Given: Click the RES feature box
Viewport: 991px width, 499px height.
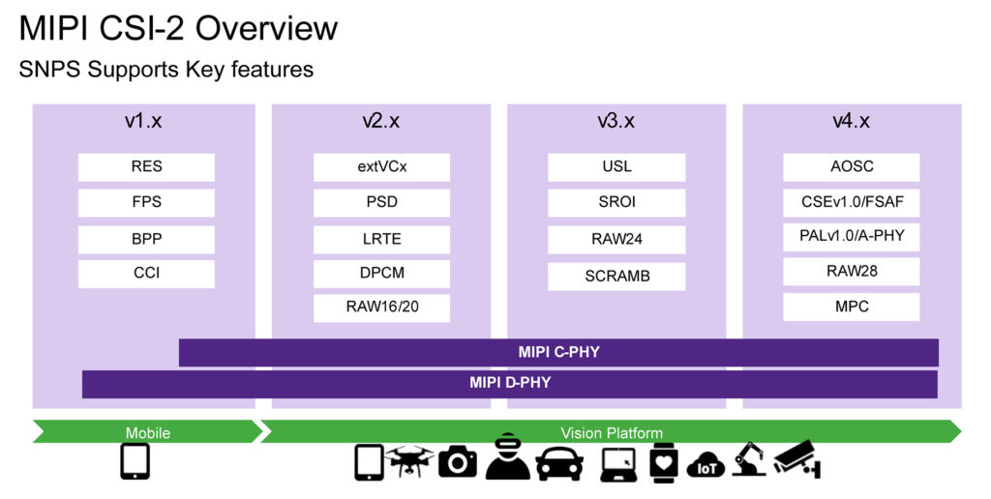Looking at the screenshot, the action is coord(146,166).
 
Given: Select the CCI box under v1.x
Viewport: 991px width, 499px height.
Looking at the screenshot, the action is coord(146,274).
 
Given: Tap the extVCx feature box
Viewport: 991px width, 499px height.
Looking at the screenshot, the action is coord(381,166).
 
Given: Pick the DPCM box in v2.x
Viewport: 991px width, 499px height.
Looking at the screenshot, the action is coord(381,274).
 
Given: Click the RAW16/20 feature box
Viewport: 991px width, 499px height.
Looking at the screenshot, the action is coord(381,308).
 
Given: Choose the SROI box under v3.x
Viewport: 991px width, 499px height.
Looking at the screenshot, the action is coord(616,202).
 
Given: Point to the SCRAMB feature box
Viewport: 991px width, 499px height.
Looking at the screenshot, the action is coord(616,276).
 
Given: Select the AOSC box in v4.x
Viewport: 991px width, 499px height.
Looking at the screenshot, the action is coord(852,166).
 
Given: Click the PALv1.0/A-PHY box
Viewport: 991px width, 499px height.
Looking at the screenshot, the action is coord(852,236).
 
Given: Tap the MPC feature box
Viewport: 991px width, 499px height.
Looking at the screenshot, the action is coord(852,307).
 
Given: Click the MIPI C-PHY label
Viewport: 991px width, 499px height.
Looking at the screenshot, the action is coord(558,352).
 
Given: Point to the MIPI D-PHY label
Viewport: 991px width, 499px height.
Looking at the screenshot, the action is coord(510,382).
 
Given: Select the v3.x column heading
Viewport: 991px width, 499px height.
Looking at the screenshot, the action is coord(616,121).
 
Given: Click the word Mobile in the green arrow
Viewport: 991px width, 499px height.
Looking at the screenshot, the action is coord(148,432).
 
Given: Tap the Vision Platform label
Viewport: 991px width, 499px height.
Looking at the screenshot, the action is coord(612,432).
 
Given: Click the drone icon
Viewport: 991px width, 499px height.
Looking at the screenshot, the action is coord(409,461).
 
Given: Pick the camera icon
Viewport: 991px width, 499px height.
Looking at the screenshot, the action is coord(458,461).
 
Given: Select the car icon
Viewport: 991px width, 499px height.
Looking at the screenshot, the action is coord(559,464).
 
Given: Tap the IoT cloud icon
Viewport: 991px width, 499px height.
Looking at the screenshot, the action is coord(706,465).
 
